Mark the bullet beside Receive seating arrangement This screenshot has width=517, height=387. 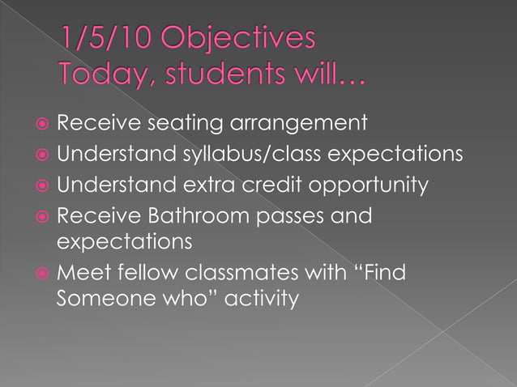coord(41,125)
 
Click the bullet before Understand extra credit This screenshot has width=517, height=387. coord(41,186)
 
